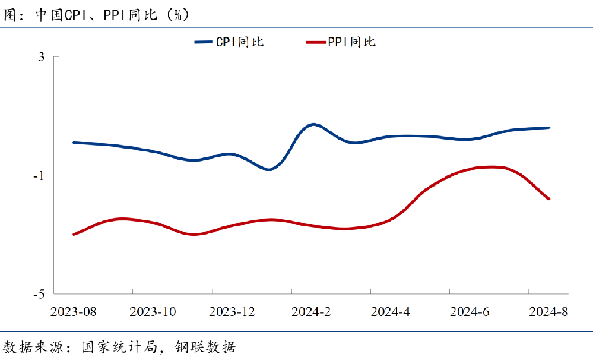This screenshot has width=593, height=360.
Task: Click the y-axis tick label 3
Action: (41, 57)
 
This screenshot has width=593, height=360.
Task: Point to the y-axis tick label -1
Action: (39, 176)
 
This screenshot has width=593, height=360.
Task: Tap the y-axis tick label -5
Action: (39, 294)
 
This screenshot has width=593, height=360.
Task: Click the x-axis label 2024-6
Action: (468, 312)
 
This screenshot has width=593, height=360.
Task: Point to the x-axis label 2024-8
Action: (548, 312)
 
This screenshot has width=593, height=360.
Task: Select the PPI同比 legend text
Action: (351, 42)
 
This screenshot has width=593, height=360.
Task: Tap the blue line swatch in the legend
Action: (203, 42)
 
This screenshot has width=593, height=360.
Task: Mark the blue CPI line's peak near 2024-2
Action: (313, 124)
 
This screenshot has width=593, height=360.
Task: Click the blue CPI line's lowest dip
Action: (269, 169)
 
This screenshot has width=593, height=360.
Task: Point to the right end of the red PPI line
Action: (548, 198)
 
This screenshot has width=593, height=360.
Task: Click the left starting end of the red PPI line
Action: (74, 234)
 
